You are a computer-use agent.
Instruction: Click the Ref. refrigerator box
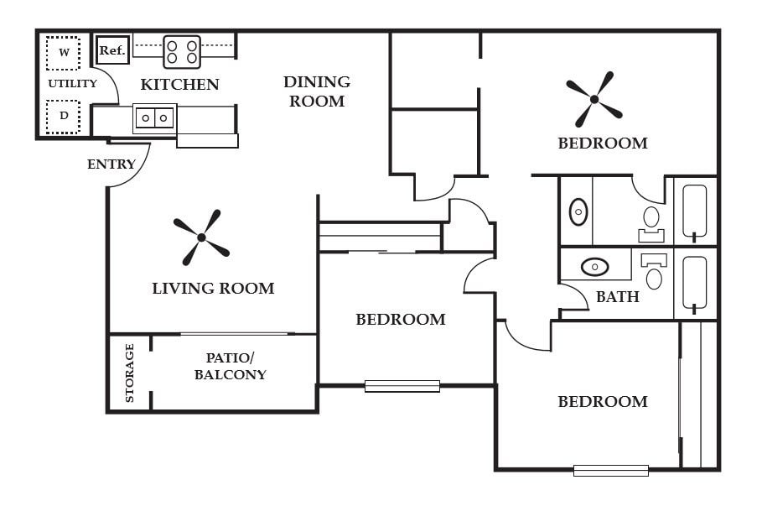click(x=111, y=50)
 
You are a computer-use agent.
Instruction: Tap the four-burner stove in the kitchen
click(x=182, y=51)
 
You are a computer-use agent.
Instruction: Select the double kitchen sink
click(x=155, y=118)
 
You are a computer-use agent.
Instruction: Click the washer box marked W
click(x=63, y=53)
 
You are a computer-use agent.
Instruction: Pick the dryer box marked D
click(x=63, y=117)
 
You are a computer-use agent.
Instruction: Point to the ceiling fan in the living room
click(x=201, y=237)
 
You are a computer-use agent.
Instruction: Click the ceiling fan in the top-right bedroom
click(x=594, y=99)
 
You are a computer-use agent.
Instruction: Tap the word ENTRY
click(x=111, y=164)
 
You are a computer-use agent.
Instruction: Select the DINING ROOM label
click(x=316, y=91)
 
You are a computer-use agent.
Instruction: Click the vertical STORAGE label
click(x=130, y=373)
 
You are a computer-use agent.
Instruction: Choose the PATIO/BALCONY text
click(x=230, y=367)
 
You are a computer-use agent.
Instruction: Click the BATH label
click(x=617, y=296)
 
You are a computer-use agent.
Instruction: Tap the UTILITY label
click(x=72, y=84)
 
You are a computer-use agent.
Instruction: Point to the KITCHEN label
click(x=179, y=85)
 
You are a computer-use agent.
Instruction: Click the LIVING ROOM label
click(x=213, y=289)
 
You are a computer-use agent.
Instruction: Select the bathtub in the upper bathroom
click(x=694, y=211)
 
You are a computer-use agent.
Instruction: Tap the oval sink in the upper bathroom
click(x=578, y=211)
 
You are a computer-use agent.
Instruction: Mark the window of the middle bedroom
click(x=402, y=386)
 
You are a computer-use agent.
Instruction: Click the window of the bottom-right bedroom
click(x=610, y=470)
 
